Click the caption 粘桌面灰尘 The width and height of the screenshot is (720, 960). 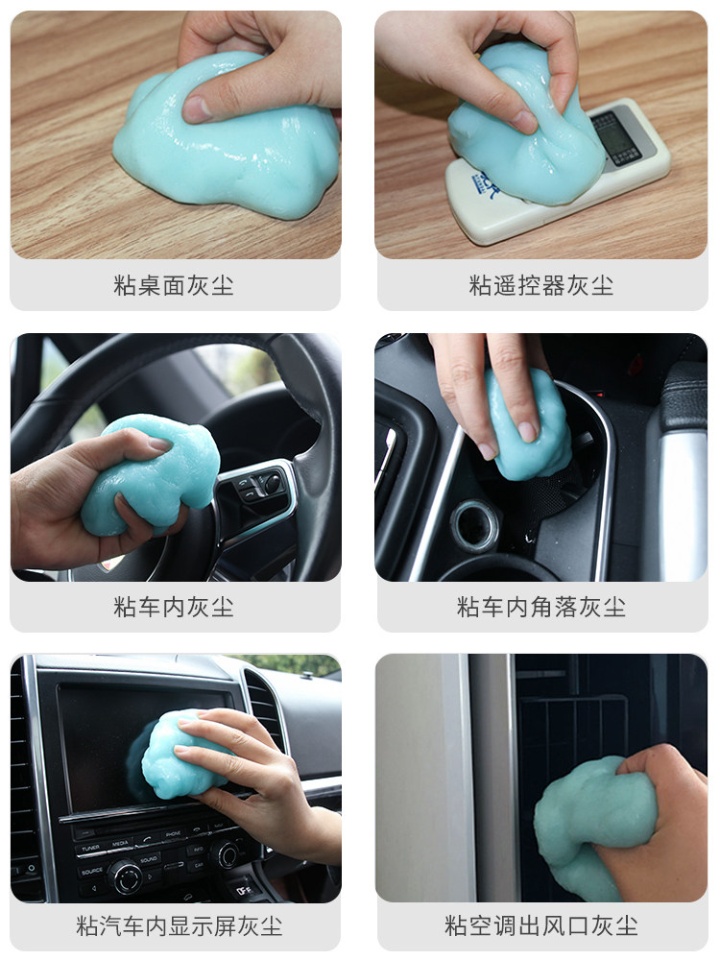click(174, 285)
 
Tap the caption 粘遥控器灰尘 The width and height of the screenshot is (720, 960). click(541, 285)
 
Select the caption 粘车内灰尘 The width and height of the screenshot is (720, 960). click(174, 607)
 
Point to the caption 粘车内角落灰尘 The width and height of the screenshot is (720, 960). click(541, 607)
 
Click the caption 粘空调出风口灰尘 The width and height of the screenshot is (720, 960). click(541, 926)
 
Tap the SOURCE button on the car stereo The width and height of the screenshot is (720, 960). click(91, 870)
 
